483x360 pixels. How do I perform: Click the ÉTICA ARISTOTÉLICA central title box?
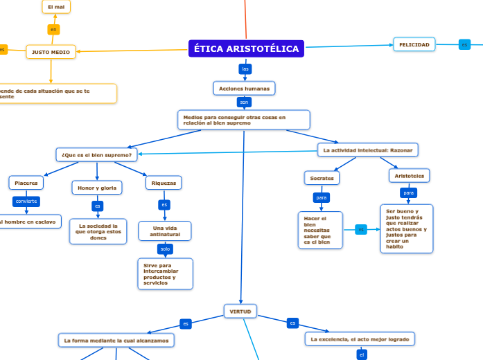click(246, 48)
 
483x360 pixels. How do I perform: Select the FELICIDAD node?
click(414, 44)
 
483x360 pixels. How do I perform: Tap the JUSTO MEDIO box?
click(51, 52)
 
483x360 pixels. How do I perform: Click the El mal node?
click(56, 7)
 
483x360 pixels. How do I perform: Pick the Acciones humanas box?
click(244, 89)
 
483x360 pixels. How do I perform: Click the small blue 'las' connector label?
click(245, 69)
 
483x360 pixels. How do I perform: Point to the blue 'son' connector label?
click(244, 102)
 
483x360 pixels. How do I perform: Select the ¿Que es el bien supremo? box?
click(96, 154)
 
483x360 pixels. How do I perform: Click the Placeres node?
click(26, 183)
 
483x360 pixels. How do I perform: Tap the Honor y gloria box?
click(96, 188)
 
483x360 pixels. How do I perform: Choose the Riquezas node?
click(164, 183)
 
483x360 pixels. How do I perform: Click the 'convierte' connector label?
click(26, 201)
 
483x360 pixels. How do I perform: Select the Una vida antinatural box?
click(165, 231)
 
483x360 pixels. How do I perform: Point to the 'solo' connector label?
click(165, 249)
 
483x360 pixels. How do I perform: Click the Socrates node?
click(322, 178)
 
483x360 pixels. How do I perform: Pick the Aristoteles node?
click(409, 176)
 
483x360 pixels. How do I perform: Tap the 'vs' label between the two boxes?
click(361, 229)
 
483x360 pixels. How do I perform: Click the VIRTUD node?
click(240, 312)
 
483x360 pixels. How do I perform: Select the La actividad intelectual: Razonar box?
click(368, 150)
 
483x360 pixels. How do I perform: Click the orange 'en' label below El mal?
click(53, 30)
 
